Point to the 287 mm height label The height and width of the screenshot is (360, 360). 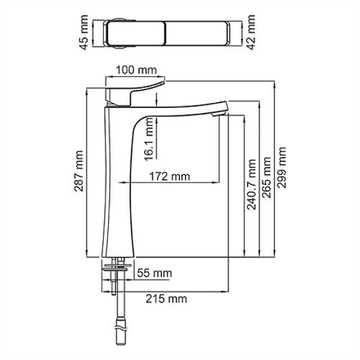[79, 171]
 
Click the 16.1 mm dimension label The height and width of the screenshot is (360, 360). [150, 141]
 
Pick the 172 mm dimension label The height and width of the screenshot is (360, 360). [169, 177]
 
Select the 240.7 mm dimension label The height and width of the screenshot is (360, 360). [251, 184]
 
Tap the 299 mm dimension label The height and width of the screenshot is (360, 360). [283, 171]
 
